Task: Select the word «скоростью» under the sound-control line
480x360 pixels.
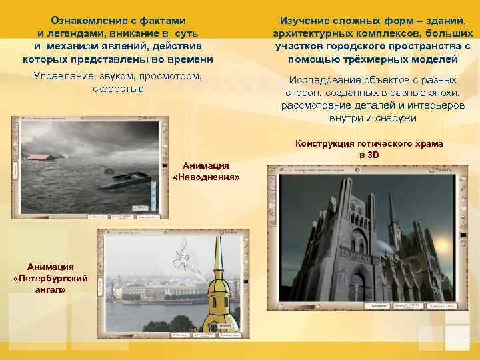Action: (x=118, y=88)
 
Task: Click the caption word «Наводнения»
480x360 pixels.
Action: (x=206, y=177)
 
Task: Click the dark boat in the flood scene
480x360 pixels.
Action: (x=131, y=178)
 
